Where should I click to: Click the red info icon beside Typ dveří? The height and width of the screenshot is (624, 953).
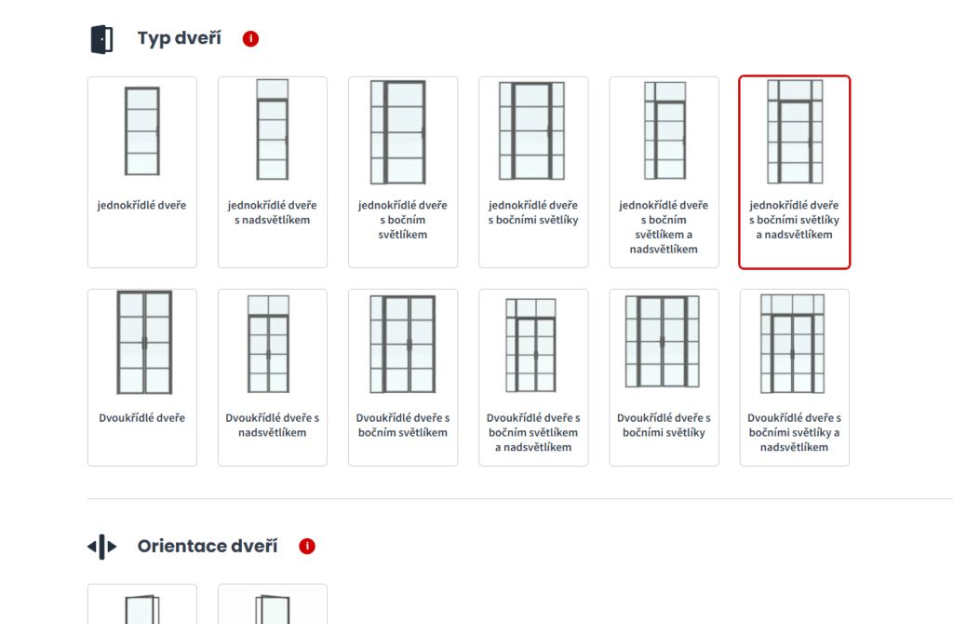(x=250, y=39)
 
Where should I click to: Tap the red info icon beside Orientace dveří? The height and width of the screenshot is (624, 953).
(x=307, y=546)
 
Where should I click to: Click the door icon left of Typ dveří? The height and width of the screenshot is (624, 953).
(x=102, y=39)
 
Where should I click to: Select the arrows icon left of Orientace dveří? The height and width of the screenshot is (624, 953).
(x=102, y=547)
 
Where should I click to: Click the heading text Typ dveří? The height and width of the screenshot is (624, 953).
(x=180, y=38)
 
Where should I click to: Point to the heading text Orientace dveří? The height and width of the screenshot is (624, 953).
(x=208, y=546)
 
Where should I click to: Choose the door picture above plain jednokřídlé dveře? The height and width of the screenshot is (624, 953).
(x=142, y=131)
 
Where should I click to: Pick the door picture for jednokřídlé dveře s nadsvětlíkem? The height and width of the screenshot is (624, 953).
(x=273, y=129)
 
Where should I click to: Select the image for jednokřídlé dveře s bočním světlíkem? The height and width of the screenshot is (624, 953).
(x=398, y=132)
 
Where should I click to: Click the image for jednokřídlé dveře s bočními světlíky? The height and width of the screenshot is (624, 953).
(x=531, y=130)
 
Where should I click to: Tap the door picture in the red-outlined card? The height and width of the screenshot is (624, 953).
(x=795, y=131)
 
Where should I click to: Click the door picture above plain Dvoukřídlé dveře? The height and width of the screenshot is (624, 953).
(x=144, y=343)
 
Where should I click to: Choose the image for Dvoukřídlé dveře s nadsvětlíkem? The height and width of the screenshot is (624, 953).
(x=269, y=345)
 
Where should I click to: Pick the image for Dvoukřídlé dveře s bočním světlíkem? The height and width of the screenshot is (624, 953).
(x=403, y=345)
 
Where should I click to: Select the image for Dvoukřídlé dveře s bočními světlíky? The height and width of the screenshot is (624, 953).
(x=663, y=342)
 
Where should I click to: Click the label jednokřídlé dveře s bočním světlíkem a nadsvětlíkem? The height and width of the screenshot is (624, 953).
(x=664, y=227)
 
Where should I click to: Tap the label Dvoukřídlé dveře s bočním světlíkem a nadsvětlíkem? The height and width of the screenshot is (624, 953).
(x=533, y=432)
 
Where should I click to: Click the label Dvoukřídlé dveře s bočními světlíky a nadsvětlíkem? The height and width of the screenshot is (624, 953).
(x=795, y=432)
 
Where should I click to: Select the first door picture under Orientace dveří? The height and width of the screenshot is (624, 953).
(x=142, y=609)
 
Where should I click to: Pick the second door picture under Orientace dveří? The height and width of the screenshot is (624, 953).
(x=273, y=609)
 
